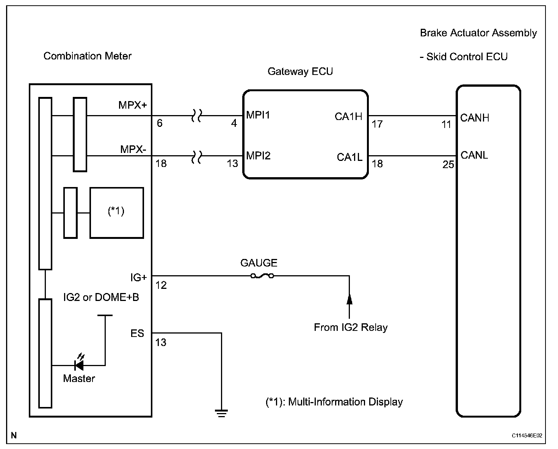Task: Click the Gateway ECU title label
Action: pyautogui.click(x=300, y=72)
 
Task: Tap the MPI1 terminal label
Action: pyautogui.click(x=258, y=115)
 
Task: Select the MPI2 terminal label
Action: pyautogui.click(x=258, y=156)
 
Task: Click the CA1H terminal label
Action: pyautogui.click(x=348, y=117)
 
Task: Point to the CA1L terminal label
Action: pyautogui.click(x=350, y=157)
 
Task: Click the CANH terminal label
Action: pyautogui.click(x=475, y=118)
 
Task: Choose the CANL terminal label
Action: pyautogui.click(x=474, y=155)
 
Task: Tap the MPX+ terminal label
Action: pyautogui.click(x=133, y=105)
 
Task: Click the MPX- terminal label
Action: pyautogui.click(x=133, y=150)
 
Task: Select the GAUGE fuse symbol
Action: pyautogui.click(x=262, y=276)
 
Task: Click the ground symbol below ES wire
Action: pyautogui.click(x=221, y=413)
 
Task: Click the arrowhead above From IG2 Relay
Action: pyautogui.click(x=349, y=299)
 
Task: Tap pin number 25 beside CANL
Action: pyautogui.click(x=448, y=165)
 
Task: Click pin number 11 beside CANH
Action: pyautogui.click(x=446, y=125)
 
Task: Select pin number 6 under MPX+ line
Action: pyautogui.click(x=160, y=123)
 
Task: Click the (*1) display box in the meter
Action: pyautogui.click(x=117, y=213)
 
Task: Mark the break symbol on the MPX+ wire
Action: pyautogui.click(x=196, y=115)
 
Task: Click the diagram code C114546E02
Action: pyautogui.click(x=527, y=436)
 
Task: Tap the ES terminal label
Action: pyautogui.click(x=137, y=334)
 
